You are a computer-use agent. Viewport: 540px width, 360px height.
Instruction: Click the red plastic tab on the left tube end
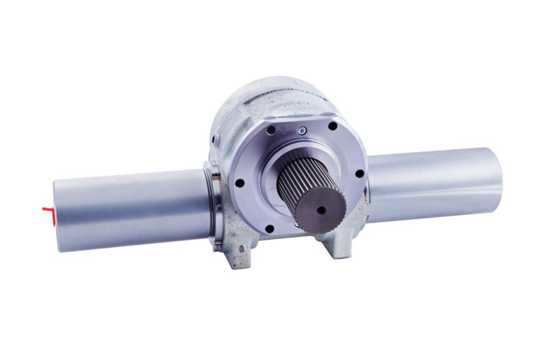pyautogui.click(x=47, y=209)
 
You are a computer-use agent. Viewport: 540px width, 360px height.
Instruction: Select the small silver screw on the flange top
pyautogui.click(x=302, y=130)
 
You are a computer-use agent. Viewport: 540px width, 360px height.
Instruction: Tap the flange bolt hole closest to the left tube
pyautogui.click(x=238, y=183)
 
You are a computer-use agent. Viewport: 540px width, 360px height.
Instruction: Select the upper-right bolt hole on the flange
pyautogui.click(x=333, y=126)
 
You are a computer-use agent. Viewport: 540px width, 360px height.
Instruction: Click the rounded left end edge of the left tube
pyautogui.click(x=56, y=215)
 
